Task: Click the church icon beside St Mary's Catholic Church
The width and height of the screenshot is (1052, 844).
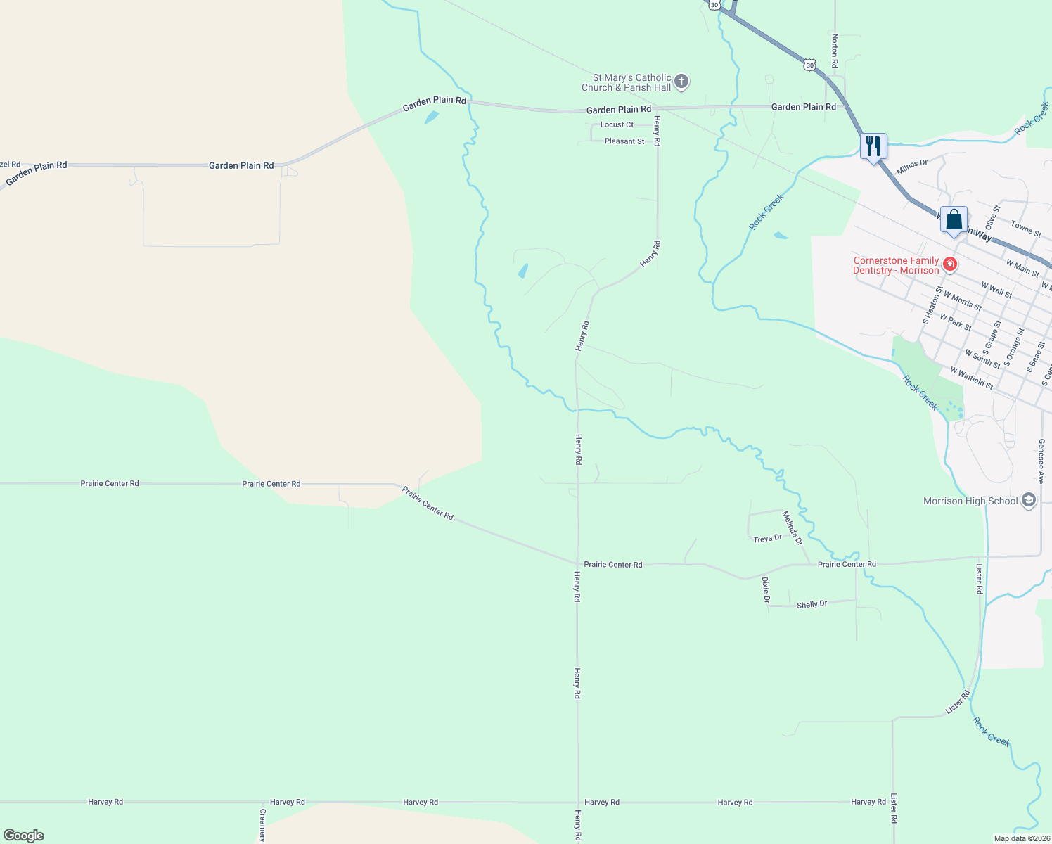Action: (x=681, y=82)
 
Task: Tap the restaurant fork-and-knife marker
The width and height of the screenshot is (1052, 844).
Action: (x=873, y=146)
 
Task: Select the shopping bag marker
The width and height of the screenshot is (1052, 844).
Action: (x=954, y=220)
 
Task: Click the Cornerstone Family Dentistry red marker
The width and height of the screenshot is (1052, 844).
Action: (x=950, y=264)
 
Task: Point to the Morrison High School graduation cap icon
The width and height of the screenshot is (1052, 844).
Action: (x=1029, y=501)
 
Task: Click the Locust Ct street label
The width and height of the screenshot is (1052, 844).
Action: (x=617, y=124)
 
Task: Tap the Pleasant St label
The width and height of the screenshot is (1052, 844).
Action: (x=624, y=141)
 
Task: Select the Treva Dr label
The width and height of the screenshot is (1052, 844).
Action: (x=767, y=539)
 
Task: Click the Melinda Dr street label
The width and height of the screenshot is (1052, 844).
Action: (x=793, y=527)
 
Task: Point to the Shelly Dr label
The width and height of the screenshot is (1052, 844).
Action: (x=812, y=604)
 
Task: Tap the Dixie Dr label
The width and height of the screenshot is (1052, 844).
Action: (x=766, y=590)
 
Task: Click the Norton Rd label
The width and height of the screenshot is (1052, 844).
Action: (x=835, y=51)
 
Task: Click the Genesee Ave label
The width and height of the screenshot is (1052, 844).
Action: (x=1041, y=461)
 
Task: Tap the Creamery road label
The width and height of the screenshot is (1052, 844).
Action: (x=262, y=826)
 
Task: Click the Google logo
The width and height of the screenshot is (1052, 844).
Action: (x=24, y=836)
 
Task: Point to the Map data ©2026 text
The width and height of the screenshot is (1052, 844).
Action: (x=1021, y=838)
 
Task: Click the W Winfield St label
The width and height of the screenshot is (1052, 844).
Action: (x=971, y=378)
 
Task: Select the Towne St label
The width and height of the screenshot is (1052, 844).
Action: (x=1026, y=229)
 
